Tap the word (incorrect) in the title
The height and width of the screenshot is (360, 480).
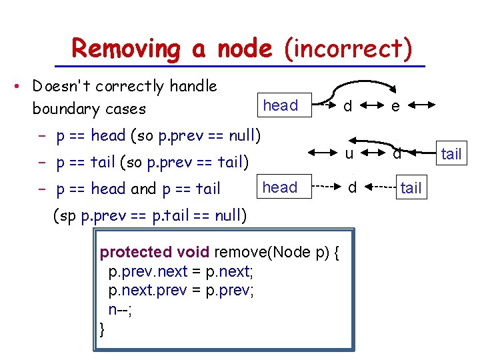click(x=348, y=49)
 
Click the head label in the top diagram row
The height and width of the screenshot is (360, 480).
click(x=281, y=105)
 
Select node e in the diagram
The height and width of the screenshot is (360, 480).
click(x=395, y=106)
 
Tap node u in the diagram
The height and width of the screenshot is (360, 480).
click(x=349, y=153)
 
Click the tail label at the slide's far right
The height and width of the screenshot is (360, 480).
click(x=451, y=154)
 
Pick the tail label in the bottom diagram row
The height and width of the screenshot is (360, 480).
click(x=411, y=189)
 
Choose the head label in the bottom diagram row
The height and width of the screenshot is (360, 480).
click(x=280, y=187)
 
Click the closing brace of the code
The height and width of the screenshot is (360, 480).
click(x=102, y=329)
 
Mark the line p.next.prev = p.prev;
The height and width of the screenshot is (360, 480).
click(x=181, y=291)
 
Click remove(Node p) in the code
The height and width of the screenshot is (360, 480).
click(x=279, y=252)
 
